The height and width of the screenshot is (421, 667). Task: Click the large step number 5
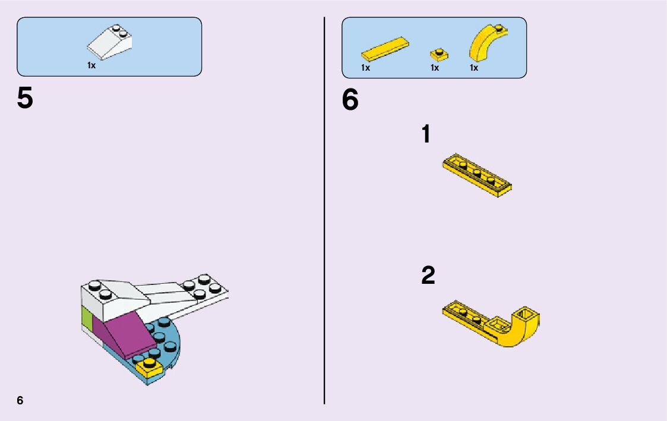coord(25,99)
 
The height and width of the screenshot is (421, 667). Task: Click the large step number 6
coord(350,100)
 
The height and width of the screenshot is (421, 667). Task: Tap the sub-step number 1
coord(425,134)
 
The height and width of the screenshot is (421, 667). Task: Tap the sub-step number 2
coord(428,275)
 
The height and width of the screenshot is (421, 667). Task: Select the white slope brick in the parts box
coord(110,43)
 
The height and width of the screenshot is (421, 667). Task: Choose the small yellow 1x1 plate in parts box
coord(439,55)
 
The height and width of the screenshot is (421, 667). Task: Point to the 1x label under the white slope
coord(91,66)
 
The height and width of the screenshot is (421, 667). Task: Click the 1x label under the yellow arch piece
coord(474,68)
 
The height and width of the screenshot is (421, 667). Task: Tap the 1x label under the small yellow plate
coord(435,68)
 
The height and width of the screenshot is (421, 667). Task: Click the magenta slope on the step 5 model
coord(121,333)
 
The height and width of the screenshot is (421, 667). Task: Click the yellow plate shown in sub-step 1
coord(477,176)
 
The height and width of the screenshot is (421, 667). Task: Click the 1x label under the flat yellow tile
coord(365,68)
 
